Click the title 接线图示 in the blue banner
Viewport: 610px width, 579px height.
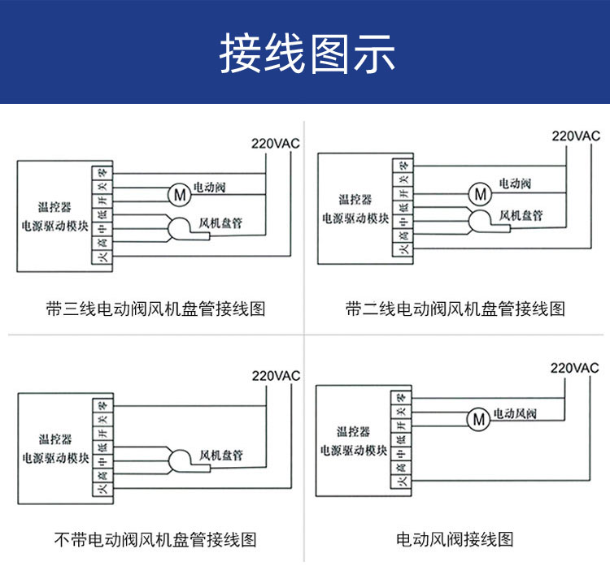tap(307, 54)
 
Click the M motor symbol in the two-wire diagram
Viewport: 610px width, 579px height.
tap(480, 193)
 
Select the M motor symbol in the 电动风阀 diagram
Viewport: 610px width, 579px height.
tap(478, 419)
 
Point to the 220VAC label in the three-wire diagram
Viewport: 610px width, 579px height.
tap(275, 144)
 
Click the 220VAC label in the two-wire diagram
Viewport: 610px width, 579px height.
tap(575, 136)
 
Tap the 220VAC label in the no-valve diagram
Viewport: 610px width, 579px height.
tap(275, 376)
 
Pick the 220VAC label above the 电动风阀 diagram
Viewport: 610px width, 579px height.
tap(574, 368)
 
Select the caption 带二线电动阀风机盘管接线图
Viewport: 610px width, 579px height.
tap(455, 309)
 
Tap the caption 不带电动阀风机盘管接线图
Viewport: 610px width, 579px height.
tap(155, 539)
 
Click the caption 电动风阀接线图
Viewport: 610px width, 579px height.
tap(455, 539)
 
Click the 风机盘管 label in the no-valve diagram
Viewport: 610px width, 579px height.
tap(221, 455)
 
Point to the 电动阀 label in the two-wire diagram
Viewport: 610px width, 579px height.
tap(514, 184)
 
